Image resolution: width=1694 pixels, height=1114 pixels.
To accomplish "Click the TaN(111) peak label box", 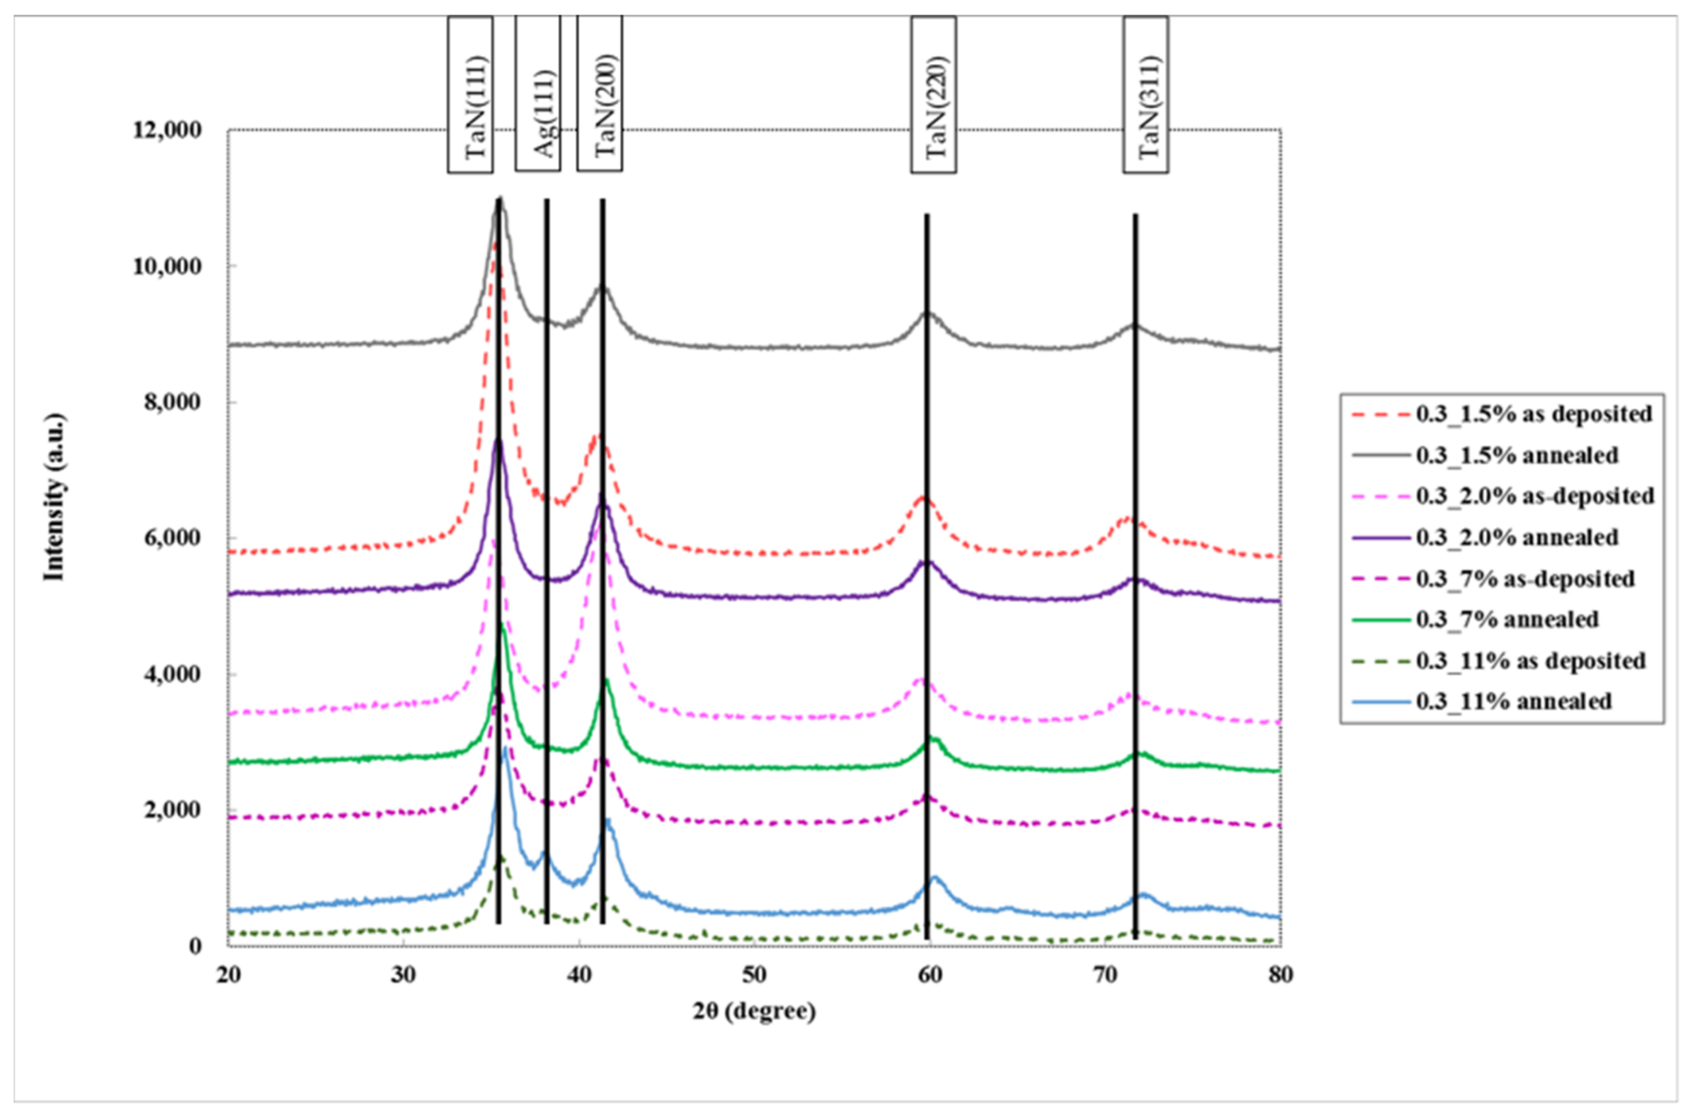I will [x=470, y=94].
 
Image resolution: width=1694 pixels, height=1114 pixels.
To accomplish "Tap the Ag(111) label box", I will [x=537, y=94].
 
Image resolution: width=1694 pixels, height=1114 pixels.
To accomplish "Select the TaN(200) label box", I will [x=599, y=94].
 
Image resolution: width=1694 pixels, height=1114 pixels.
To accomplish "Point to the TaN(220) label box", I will [x=933, y=94].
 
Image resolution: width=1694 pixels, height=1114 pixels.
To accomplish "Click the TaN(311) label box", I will [x=1145, y=94].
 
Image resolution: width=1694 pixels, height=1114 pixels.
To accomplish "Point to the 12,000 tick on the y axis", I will [x=167, y=130].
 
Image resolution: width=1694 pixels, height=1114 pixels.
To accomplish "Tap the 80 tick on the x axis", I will [x=1280, y=975].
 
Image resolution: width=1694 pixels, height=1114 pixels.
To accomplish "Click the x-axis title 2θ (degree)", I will [x=754, y=1011].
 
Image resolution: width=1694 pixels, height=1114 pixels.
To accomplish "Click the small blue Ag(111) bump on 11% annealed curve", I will [x=544, y=852].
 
